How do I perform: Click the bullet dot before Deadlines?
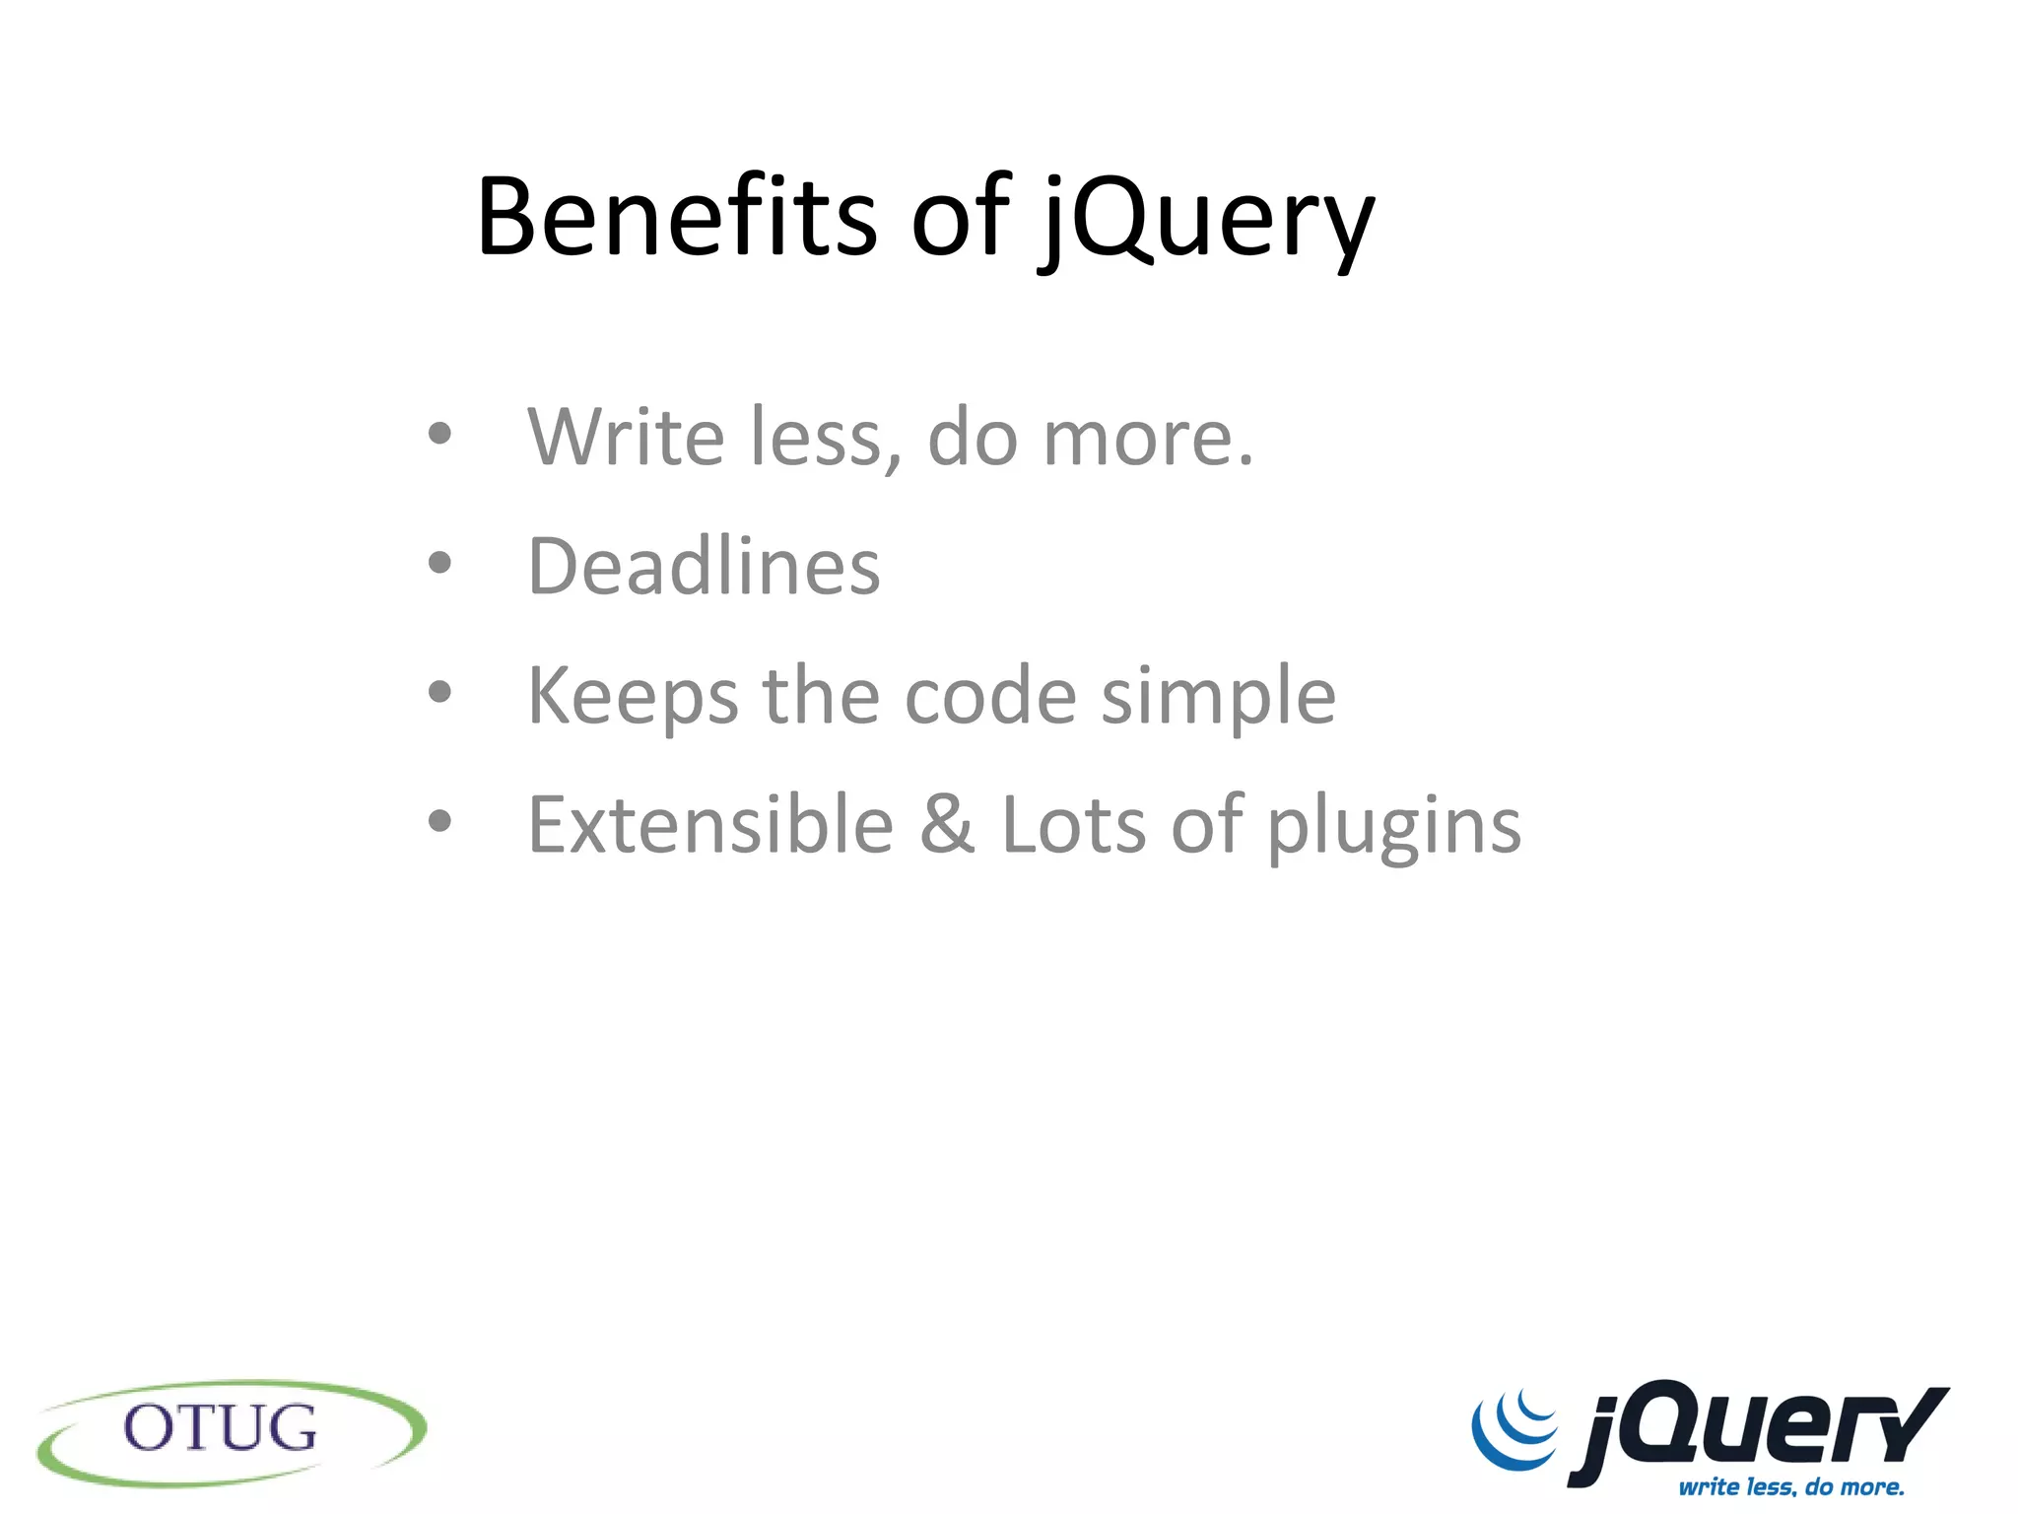click(x=439, y=563)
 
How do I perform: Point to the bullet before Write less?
click(x=439, y=433)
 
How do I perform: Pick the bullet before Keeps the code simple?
click(x=439, y=692)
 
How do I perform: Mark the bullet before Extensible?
click(x=439, y=820)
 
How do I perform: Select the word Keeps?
click(x=633, y=697)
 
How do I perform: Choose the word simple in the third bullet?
click(x=1218, y=697)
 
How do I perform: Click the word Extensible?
click(x=710, y=825)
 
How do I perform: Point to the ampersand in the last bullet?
click(x=947, y=825)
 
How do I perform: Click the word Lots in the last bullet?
click(x=1074, y=825)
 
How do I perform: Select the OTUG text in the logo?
click(x=221, y=1428)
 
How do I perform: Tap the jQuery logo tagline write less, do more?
click(x=1791, y=1485)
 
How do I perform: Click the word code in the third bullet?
click(x=990, y=697)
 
